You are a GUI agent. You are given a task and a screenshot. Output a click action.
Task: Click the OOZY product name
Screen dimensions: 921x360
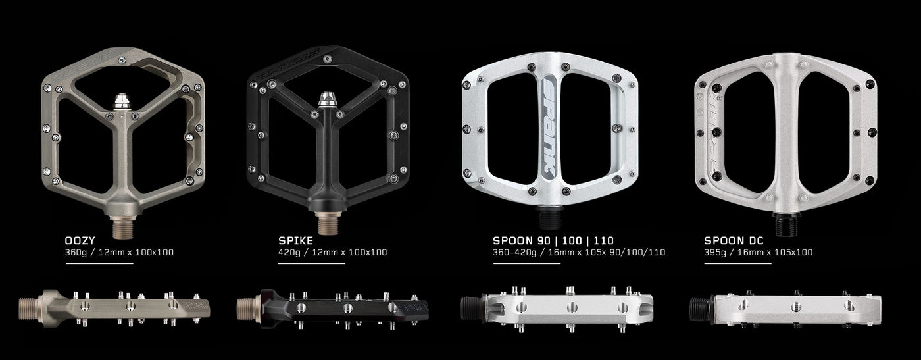coord(80,240)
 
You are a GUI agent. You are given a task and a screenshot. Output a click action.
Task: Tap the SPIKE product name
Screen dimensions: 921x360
coord(295,240)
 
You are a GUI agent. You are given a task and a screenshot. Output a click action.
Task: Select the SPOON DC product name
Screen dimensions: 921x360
coord(734,240)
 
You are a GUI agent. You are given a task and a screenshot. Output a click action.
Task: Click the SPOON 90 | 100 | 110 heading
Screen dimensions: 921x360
coord(553,240)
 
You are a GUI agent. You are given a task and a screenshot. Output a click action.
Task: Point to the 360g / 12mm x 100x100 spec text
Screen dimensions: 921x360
coord(119,252)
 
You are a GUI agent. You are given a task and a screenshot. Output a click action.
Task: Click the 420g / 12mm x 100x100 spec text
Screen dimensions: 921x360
coord(333,252)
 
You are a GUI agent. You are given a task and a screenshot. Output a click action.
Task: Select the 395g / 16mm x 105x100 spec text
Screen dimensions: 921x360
coord(759,252)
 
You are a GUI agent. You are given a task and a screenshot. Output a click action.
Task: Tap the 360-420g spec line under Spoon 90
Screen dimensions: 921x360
coord(579,252)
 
